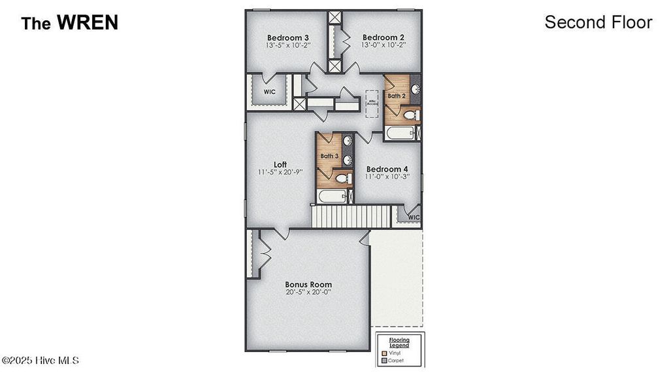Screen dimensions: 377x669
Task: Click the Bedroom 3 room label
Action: coord(287,37)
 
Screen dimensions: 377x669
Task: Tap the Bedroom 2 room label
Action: coord(383,37)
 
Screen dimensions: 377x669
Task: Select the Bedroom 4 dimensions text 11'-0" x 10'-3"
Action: coord(388,177)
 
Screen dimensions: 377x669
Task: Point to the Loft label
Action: coord(280,164)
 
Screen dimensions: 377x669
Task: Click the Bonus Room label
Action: coord(308,285)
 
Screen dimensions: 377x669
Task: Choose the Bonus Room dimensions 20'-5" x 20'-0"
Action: coord(308,293)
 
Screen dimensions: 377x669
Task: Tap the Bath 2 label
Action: coord(397,96)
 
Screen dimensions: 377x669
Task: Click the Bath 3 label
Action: coord(329,156)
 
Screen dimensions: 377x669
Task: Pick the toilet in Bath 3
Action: coord(342,178)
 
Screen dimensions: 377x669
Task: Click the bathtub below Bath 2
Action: coord(400,134)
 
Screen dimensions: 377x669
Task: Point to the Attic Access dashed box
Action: coord(372,103)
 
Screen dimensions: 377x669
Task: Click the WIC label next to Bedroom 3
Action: coord(269,92)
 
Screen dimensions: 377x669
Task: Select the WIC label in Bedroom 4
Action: coord(414,217)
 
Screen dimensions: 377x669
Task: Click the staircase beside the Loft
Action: coord(350,216)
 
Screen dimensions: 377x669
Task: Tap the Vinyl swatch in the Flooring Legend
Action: coord(384,353)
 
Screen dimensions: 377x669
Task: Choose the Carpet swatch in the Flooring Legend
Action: coord(384,360)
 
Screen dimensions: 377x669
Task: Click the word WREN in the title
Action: coord(87,23)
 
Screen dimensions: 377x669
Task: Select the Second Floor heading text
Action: coord(598,22)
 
